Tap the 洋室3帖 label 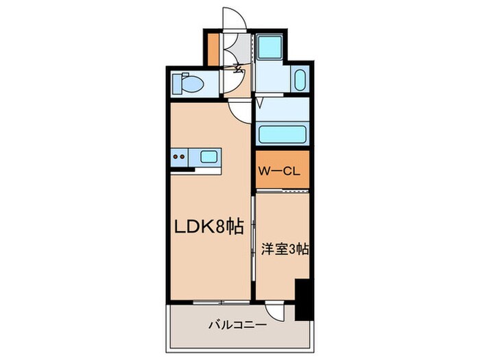click(285, 249)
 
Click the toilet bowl click(193, 84)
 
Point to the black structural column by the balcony click(303, 298)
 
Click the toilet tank click(176, 84)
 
